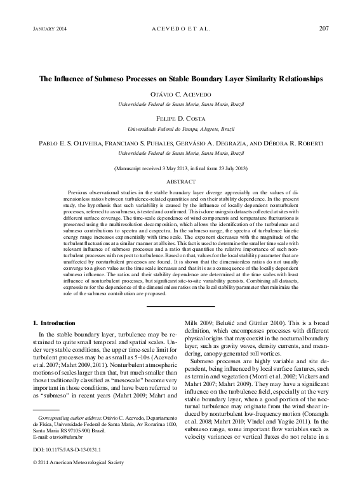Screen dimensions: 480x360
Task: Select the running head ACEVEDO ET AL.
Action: [180, 29]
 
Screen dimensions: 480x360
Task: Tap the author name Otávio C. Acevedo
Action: [180, 94]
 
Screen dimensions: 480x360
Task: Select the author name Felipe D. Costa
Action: [180, 119]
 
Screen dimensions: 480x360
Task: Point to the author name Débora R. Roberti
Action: [297, 143]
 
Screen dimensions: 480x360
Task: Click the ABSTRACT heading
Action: [180, 181]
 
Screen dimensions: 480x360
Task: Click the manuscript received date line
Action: [180, 168]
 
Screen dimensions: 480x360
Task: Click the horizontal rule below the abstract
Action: [180, 307]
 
